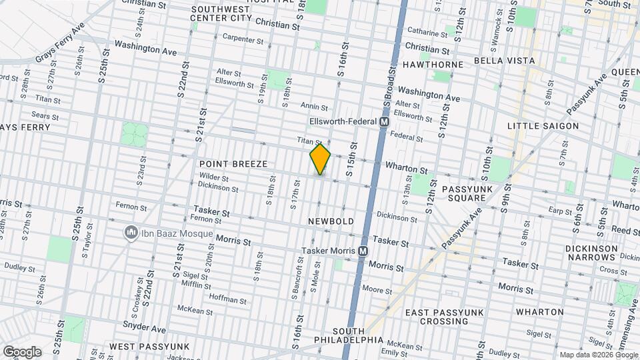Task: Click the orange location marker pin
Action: coord(320,159)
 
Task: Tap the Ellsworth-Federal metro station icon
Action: coord(384,122)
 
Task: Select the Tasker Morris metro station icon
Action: coord(363,251)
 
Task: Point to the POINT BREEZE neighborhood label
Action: coord(233,164)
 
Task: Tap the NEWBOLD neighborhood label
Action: coord(330,221)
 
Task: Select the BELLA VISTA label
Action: coord(504,61)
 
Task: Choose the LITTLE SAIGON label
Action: coord(543,126)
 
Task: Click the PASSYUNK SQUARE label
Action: coord(467,194)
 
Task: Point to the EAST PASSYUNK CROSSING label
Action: coord(446,317)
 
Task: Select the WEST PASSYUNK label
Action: coord(149,347)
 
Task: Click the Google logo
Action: coord(22,352)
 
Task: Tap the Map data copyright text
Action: coord(598,355)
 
